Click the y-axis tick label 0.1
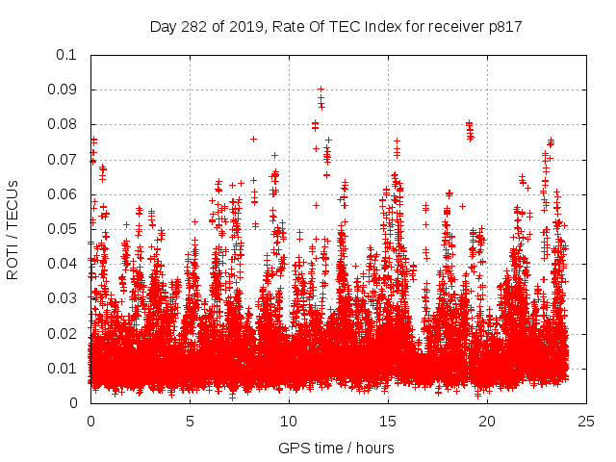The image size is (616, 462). (x=66, y=55)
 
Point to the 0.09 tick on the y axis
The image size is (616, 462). (x=64, y=90)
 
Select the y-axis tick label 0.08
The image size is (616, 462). (x=64, y=124)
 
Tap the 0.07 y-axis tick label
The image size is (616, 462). (x=64, y=159)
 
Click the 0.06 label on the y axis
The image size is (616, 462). (x=64, y=194)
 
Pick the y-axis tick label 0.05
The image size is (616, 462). (x=64, y=229)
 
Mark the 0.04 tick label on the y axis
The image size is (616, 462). (x=64, y=264)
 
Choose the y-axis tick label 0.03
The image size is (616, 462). (x=64, y=298)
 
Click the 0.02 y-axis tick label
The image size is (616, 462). (x=64, y=333)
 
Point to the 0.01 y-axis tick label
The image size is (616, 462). (x=64, y=369)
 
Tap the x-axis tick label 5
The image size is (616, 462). (x=190, y=422)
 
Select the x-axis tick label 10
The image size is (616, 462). (x=289, y=422)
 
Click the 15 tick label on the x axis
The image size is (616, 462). (x=388, y=422)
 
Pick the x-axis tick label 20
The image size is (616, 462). (x=487, y=422)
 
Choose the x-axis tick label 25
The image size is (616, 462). (x=586, y=422)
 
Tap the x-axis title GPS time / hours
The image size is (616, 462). (x=336, y=448)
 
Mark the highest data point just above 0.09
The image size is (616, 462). (x=321, y=89)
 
